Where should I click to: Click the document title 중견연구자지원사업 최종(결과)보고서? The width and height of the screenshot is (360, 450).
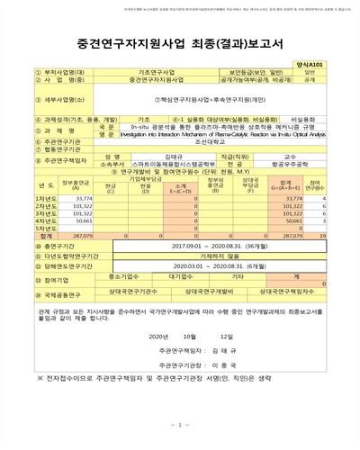click(x=180, y=42)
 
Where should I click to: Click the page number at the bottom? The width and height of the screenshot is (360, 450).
click(x=180, y=425)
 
